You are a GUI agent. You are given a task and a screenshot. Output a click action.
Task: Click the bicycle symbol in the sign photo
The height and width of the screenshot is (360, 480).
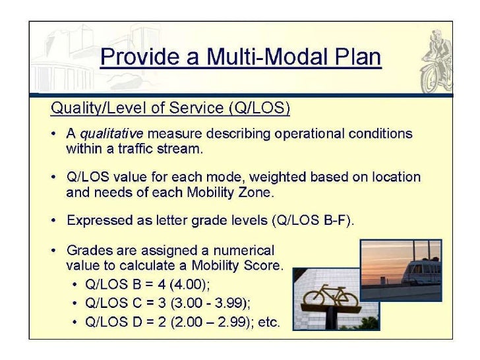point(329,297)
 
